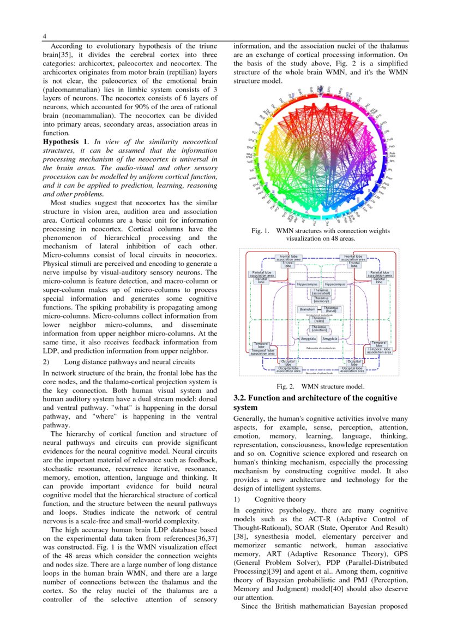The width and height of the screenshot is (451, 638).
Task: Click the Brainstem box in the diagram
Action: coord(308,309)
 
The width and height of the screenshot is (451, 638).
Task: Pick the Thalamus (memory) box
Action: coord(321,300)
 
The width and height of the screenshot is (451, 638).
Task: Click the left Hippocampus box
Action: coord(308,284)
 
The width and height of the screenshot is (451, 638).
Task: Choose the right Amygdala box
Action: coord(330,339)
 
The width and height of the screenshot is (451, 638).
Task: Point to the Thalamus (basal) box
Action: coord(332,309)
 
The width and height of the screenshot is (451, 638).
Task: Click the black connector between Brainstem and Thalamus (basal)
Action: coord(320,309)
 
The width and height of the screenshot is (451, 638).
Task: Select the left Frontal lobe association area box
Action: coord(288,258)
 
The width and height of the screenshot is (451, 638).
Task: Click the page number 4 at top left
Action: coord(45,37)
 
